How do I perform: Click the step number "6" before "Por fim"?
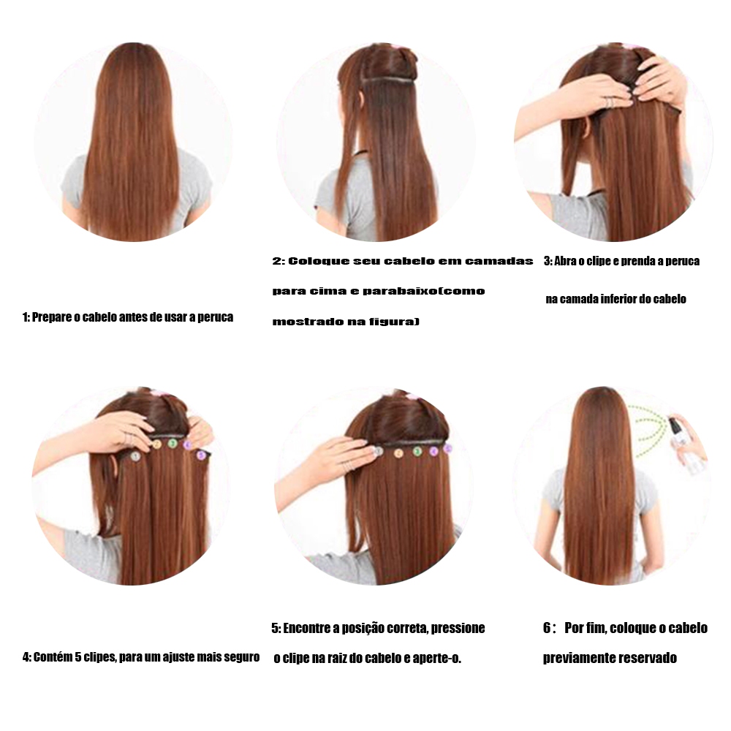[x=548, y=628]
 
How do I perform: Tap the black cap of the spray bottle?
[x=673, y=424]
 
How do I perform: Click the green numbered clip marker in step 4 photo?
[x=173, y=444]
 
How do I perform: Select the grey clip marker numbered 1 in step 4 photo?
[x=135, y=456]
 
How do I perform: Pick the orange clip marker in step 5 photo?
[x=398, y=453]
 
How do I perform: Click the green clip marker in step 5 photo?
[x=417, y=451]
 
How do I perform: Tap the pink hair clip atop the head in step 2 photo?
[x=396, y=46]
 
